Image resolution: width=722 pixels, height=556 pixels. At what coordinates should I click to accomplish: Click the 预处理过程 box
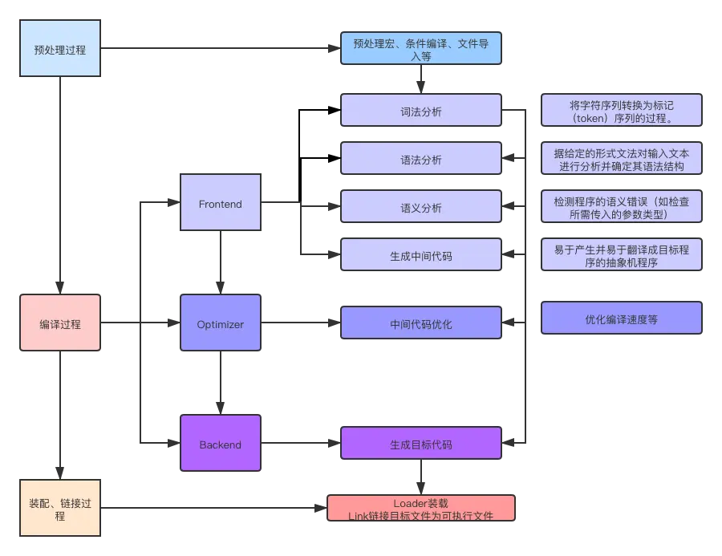pyautogui.click(x=60, y=49)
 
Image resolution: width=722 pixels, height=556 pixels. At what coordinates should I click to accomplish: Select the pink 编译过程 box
pyautogui.click(x=60, y=324)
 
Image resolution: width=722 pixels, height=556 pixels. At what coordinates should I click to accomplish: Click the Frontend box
pyautogui.click(x=221, y=204)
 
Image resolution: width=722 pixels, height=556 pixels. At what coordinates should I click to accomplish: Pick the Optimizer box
pyautogui.click(x=221, y=324)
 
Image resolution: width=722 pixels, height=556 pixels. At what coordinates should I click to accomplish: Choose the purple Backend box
pyautogui.click(x=221, y=444)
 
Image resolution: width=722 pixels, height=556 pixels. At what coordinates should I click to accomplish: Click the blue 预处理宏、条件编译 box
pyautogui.click(x=421, y=49)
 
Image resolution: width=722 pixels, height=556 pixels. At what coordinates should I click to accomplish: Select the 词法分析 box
pyautogui.click(x=421, y=112)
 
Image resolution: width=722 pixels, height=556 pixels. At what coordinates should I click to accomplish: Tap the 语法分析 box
pyautogui.click(x=421, y=160)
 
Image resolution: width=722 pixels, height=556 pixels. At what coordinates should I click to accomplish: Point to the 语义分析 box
pyautogui.click(x=421, y=208)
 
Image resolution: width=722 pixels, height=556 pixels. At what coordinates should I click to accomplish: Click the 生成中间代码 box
pyautogui.click(x=421, y=256)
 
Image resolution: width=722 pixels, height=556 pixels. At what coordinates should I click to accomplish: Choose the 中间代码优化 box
pyautogui.click(x=421, y=324)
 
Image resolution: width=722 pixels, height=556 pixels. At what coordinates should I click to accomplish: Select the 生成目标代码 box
pyautogui.click(x=421, y=444)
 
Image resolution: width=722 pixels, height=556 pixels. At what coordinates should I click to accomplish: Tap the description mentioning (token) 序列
pyautogui.click(x=622, y=112)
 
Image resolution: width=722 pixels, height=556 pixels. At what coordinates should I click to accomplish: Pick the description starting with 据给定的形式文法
pyautogui.click(x=622, y=160)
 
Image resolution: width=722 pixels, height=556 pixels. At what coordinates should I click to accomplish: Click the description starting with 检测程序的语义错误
pyautogui.click(x=622, y=208)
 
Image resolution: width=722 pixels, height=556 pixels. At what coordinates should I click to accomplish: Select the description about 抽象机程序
pyautogui.click(x=622, y=256)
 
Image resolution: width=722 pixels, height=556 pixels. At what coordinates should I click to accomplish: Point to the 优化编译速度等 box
pyautogui.click(x=622, y=319)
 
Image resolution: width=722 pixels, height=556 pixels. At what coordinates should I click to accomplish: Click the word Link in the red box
pyautogui.click(x=358, y=515)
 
